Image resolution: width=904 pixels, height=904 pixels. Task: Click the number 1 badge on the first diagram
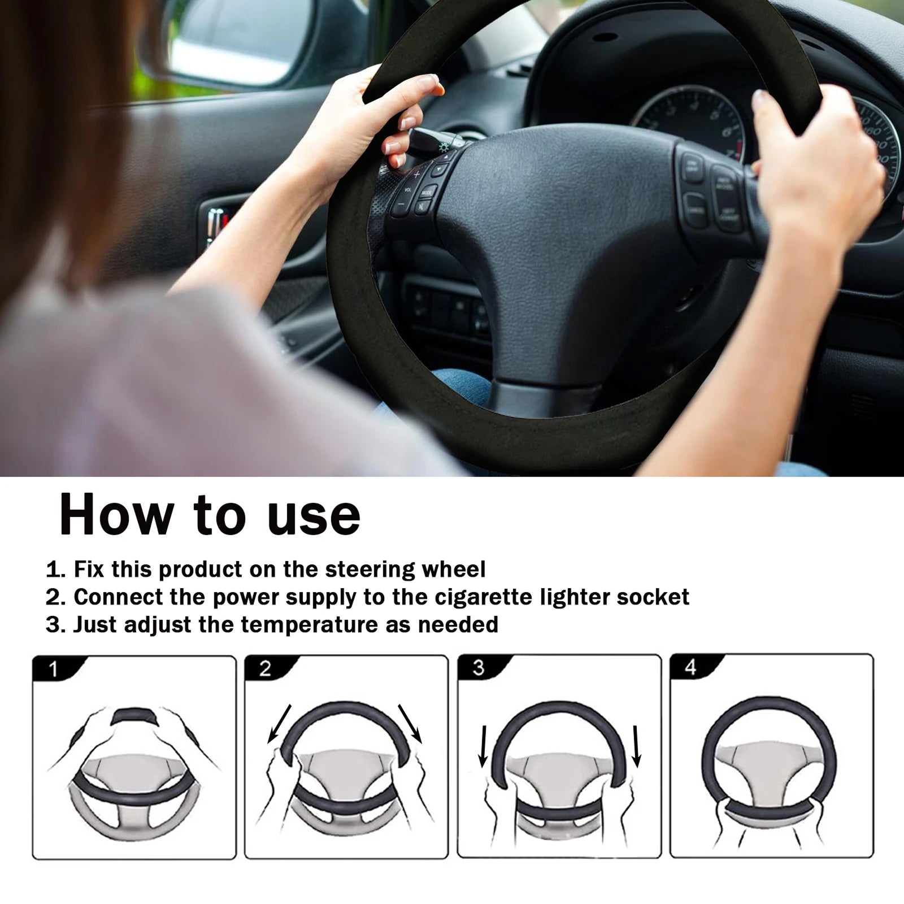point(54,670)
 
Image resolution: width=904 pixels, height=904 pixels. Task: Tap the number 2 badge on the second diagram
point(266,669)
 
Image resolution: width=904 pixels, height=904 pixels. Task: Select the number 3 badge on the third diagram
point(478,668)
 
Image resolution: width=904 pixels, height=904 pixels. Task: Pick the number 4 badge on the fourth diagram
point(690,667)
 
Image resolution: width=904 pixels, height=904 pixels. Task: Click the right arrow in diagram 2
point(410,723)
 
